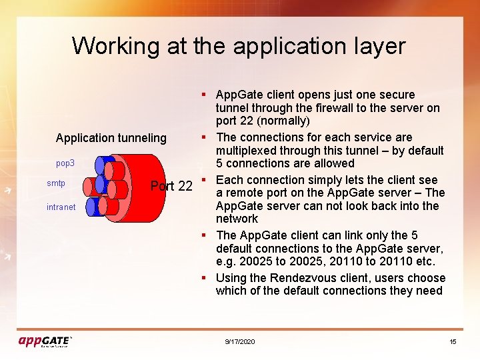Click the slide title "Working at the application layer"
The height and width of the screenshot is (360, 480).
pos(239,46)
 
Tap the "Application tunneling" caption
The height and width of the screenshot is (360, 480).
pos(111,138)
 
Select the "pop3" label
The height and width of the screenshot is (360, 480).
pos(65,163)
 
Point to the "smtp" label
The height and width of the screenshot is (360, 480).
pos(56,183)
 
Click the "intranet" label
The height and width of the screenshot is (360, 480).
pos(61,207)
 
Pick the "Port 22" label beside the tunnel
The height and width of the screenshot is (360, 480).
pos(171,186)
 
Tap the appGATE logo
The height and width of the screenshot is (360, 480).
pos(45,341)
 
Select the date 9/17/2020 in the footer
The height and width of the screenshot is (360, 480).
pos(240,342)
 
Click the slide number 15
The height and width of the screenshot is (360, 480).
pos(453,342)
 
